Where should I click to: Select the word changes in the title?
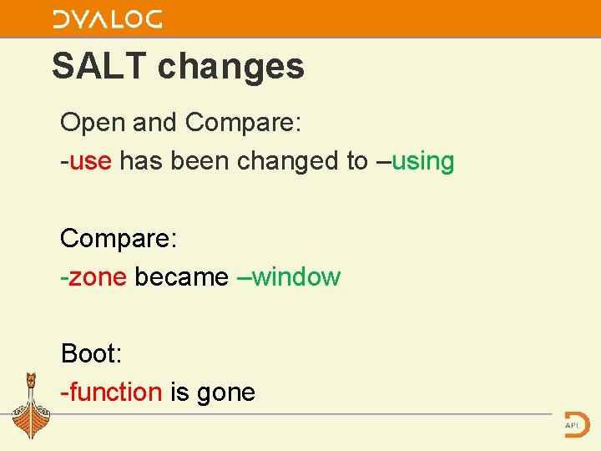click(231, 66)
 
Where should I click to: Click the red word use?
click(90, 161)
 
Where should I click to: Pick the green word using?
click(422, 161)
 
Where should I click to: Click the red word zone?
click(97, 276)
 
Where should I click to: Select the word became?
click(181, 276)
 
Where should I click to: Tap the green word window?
click(295, 276)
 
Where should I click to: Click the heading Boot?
click(91, 353)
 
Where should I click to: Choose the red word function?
click(115, 392)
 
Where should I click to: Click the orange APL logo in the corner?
click(575, 423)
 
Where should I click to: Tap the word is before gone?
click(179, 392)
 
